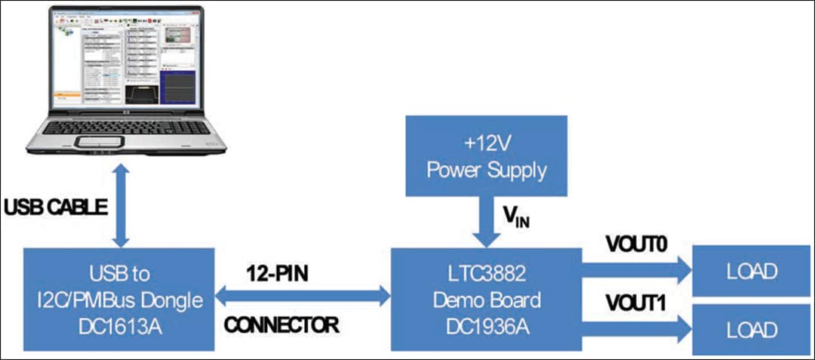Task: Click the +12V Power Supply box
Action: (486, 155)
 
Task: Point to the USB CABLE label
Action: (57, 207)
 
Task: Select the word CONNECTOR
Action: (281, 326)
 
